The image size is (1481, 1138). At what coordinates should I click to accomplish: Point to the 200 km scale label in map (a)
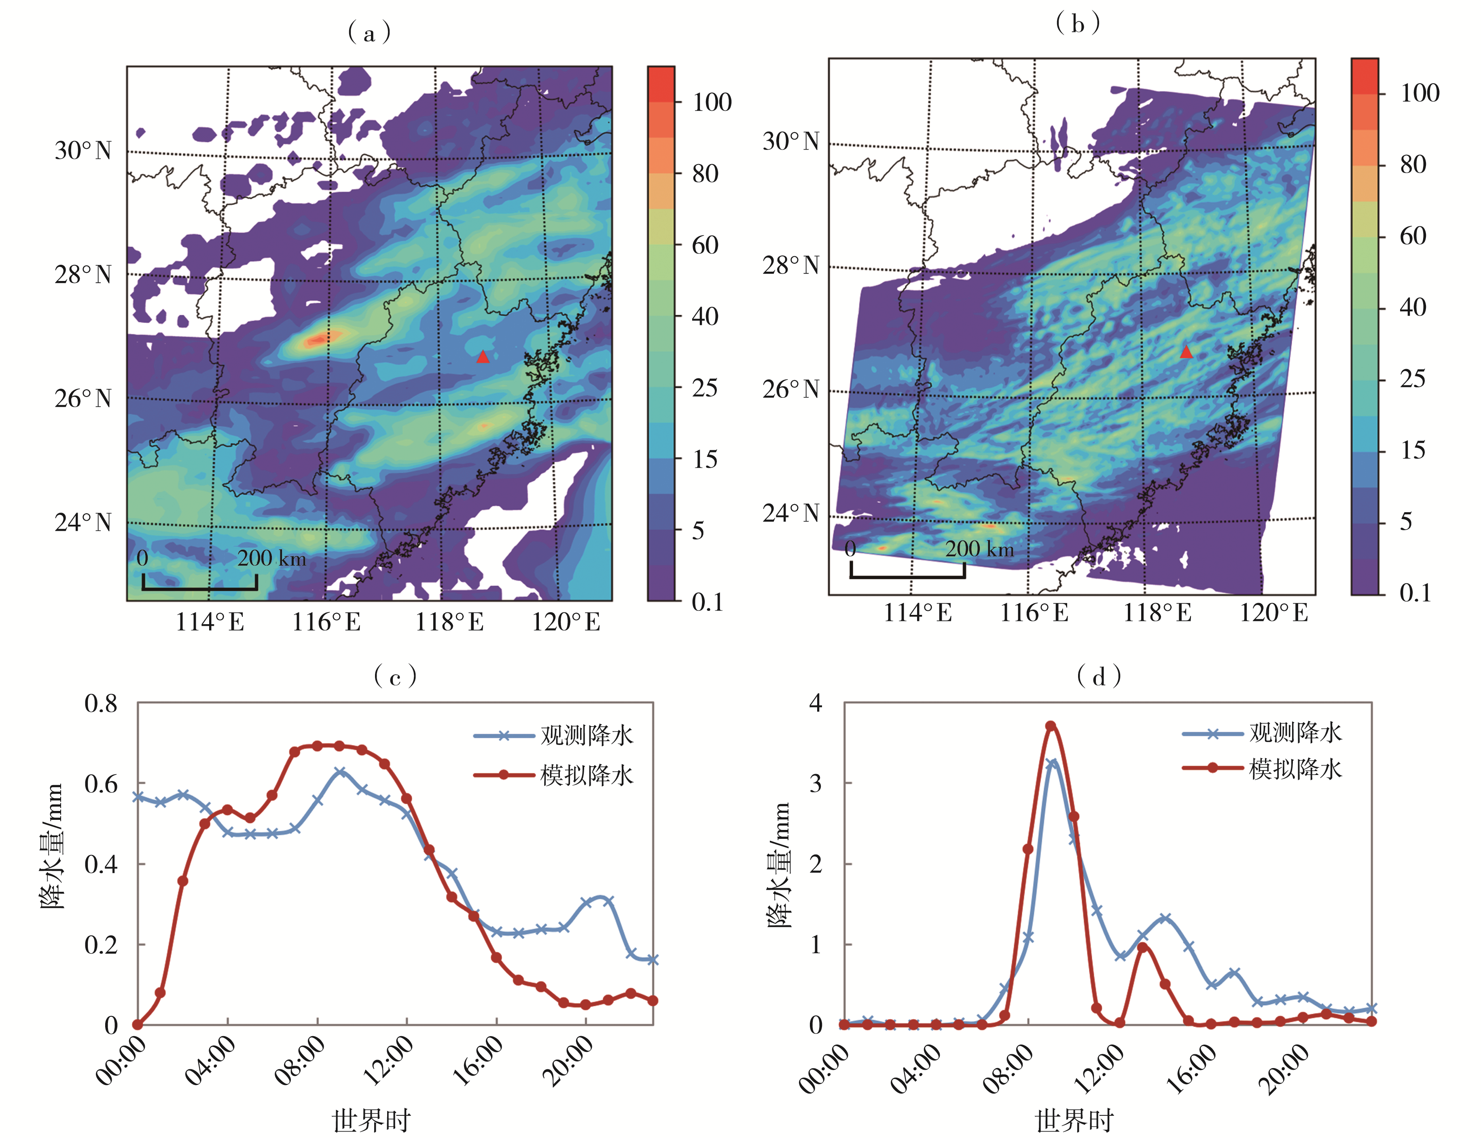click(271, 558)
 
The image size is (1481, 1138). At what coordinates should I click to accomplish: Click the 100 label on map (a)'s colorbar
click(712, 102)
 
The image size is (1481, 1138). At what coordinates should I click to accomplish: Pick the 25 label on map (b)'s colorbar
click(1413, 379)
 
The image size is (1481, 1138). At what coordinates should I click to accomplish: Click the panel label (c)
click(395, 676)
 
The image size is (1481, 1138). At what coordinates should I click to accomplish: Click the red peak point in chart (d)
click(1051, 726)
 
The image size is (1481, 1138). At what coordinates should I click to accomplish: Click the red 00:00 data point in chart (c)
click(138, 1025)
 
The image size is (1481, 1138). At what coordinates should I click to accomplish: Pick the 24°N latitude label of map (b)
click(790, 513)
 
